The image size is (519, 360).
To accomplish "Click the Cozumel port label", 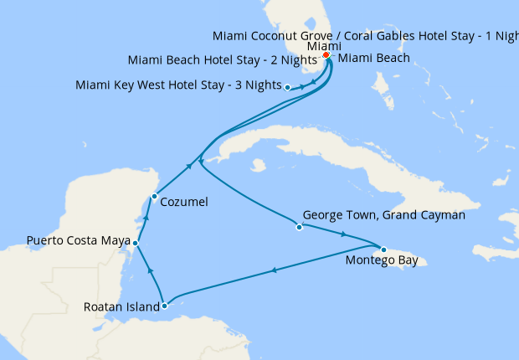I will [x=183, y=202].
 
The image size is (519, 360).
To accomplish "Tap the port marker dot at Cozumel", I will [x=153, y=197].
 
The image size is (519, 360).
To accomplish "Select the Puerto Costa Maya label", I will [x=78, y=241].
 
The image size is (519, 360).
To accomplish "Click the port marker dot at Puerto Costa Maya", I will [x=136, y=243].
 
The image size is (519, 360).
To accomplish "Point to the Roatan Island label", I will [x=121, y=307].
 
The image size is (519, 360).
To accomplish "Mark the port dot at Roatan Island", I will [x=164, y=306].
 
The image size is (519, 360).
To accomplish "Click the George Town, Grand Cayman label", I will [x=383, y=215].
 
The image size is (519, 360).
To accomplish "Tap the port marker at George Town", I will [x=299, y=227].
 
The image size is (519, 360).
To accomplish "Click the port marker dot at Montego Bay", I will [x=383, y=249].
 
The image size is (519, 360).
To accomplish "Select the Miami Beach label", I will [x=374, y=59].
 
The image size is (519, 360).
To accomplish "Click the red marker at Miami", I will [x=326, y=56].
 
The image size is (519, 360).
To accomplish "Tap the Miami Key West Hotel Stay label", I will [x=177, y=85].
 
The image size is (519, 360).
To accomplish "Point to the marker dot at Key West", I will [x=287, y=87].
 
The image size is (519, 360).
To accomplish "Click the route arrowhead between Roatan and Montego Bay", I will [x=274, y=270].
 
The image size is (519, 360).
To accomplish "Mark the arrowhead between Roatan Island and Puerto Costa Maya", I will [x=150, y=270].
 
